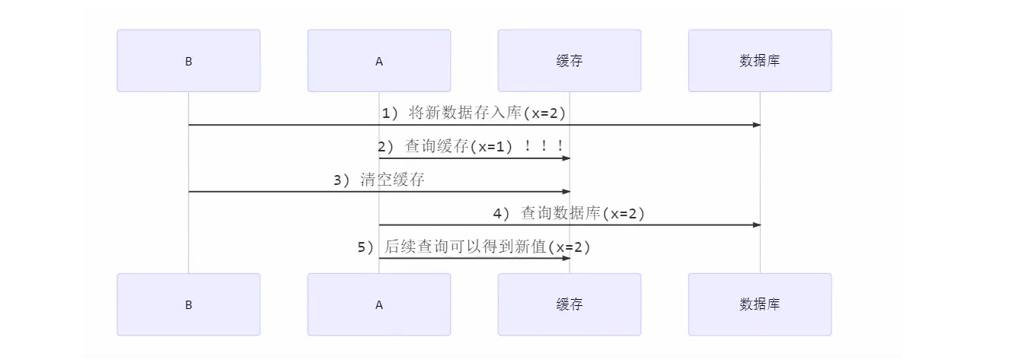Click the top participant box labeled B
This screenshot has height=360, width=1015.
(x=188, y=61)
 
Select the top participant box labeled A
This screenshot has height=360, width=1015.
(x=378, y=61)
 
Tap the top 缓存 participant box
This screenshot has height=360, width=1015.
(x=569, y=61)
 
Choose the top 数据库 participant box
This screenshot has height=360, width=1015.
(x=759, y=61)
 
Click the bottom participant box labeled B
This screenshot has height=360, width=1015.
(x=188, y=304)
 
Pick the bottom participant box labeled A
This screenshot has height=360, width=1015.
(x=378, y=304)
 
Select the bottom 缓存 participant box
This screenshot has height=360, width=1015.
(x=569, y=304)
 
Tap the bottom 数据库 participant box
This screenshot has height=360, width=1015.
(x=759, y=304)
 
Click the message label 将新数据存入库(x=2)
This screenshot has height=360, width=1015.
(x=487, y=113)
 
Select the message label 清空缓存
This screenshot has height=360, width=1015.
(x=392, y=180)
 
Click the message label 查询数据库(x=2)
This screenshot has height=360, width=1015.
(x=583, y=214)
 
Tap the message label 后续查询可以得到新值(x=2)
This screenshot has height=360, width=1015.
(x=487, y=247)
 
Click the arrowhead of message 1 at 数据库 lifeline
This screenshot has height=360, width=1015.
(x=756, y=125)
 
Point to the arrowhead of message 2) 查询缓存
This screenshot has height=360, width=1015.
(x=566, y=158)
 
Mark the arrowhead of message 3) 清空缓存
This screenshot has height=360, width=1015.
(x=566, y=192)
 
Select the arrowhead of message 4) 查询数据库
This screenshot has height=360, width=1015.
(x=756, y=225)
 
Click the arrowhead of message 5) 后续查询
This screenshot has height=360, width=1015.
(x=566, y=259)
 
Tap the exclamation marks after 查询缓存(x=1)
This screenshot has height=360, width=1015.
(x=544, y=147)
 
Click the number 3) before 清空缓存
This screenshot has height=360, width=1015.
(x=342, y=180)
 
